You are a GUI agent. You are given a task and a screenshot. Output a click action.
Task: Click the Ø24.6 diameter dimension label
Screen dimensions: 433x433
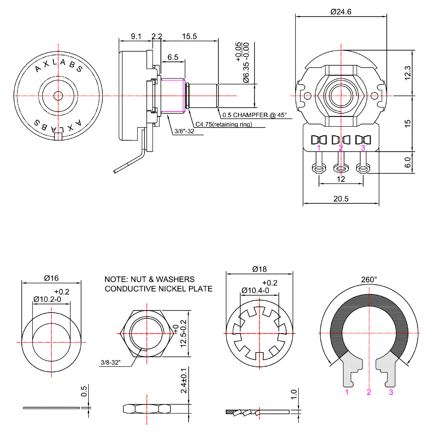341,12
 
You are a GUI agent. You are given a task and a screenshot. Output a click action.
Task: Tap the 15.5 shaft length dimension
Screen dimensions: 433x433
189,36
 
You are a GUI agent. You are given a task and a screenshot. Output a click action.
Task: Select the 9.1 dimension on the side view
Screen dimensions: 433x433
136,36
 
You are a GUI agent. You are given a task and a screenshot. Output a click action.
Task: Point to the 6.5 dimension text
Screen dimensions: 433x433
173,57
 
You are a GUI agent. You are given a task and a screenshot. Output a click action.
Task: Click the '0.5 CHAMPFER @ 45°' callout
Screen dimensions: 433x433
254,115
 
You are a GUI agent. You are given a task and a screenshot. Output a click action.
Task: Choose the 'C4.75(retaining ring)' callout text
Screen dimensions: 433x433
224,124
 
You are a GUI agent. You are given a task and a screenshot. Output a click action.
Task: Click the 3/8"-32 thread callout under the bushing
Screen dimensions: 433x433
184,131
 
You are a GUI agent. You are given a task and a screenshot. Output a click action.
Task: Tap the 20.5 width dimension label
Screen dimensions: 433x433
341,199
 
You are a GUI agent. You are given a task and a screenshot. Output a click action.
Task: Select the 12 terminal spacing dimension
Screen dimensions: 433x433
341,179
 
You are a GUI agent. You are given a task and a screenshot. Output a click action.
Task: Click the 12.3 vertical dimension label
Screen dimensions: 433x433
407,73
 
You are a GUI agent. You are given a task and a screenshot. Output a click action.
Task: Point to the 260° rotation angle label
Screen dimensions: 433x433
369,279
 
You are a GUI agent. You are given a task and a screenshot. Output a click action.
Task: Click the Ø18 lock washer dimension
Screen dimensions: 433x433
259,269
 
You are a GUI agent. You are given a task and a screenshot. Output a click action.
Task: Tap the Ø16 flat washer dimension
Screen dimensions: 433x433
51,278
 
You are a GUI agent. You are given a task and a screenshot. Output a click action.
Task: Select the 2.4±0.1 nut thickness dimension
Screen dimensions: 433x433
184,380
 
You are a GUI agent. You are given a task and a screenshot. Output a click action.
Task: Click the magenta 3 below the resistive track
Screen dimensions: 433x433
391,392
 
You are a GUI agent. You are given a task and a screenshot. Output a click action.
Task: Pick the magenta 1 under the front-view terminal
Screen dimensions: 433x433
319,148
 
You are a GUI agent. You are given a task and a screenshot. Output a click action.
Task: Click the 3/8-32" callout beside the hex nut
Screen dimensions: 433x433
111,362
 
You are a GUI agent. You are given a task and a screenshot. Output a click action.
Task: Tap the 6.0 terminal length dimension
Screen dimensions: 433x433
407,162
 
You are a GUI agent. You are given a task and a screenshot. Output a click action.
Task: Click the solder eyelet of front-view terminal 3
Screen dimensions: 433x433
363,168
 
